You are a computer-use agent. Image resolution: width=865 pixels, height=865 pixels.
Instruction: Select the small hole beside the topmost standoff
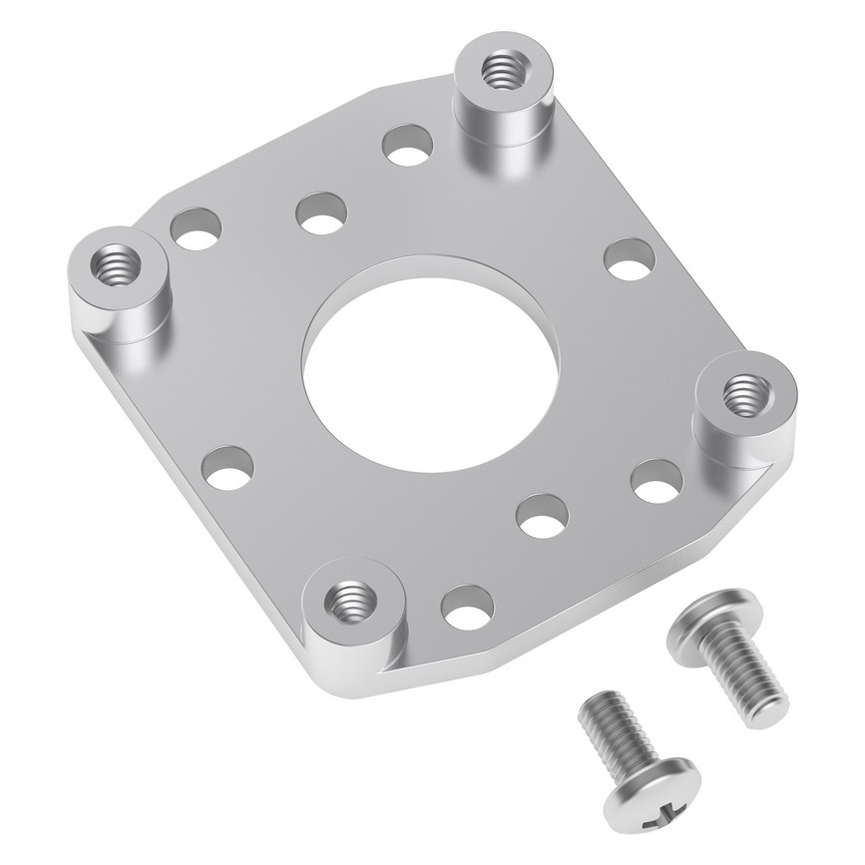tap(407, 146)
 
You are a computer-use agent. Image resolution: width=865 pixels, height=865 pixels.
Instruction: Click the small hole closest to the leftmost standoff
tap(196, 228)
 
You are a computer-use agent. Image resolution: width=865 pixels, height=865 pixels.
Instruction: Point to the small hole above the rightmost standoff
tap(631, 259)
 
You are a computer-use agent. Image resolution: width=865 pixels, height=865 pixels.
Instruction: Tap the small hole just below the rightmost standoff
tap(656, 481)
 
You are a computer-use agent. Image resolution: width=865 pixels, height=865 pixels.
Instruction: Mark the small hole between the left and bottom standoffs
tap(227, 467)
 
